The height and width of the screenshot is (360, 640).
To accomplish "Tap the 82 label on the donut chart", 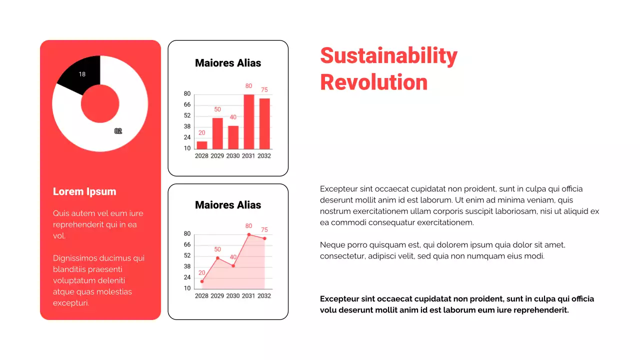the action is (118, 131).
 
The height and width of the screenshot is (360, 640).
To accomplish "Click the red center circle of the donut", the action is (100, 103).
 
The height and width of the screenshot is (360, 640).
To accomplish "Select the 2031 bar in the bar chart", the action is (249, 121).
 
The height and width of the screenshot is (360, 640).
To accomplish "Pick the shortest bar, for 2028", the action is (202, 145).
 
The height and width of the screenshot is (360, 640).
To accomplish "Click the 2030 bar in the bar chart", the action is (233, 137).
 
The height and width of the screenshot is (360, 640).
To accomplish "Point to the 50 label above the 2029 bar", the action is (217, 109).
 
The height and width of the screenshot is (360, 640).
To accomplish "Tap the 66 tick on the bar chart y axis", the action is (187, 104).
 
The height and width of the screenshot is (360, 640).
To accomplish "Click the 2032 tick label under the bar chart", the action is (264, 156).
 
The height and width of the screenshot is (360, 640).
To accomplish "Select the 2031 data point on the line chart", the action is (249, 234).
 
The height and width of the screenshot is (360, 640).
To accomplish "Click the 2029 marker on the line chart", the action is (217, 258).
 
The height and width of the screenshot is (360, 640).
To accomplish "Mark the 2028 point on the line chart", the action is (202, 281).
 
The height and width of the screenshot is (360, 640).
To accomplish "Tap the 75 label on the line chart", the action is (264, 229).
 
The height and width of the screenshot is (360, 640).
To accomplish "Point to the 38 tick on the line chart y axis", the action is (187, 266).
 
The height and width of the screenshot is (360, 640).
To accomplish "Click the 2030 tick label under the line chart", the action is (233, 296).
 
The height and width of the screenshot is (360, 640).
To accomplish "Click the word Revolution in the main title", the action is (373, 82).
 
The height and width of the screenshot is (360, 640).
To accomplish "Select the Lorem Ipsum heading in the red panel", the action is (84, 191).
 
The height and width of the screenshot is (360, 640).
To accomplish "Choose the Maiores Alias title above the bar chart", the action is (228, 63).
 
